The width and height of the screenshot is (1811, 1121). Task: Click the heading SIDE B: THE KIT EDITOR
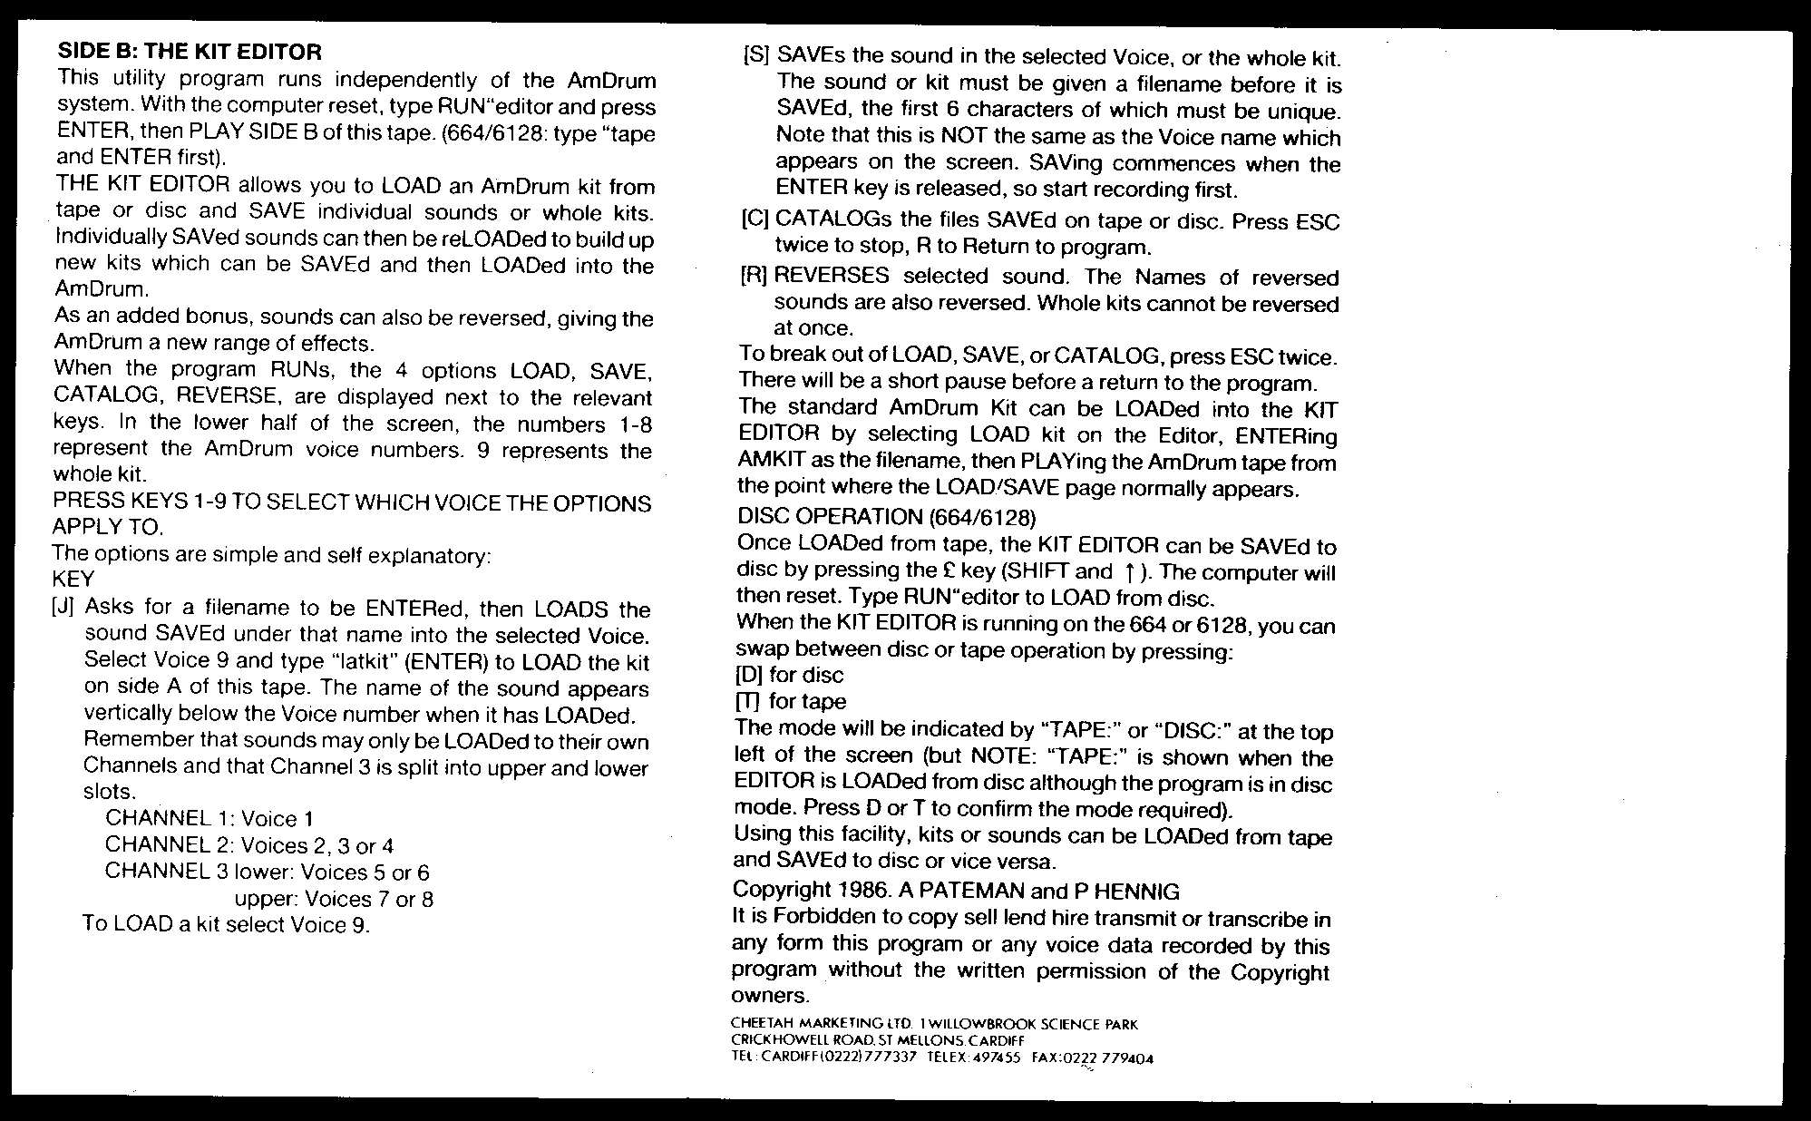pyautogui.click(x=190, y=52)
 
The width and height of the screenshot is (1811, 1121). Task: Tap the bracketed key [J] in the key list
pyautogui.click(x=63, y=608)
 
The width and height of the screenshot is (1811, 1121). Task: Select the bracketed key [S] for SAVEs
pyautogui.click(x=755, y=56)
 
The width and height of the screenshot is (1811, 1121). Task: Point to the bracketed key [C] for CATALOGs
pyautogui.click(x=755, y=220)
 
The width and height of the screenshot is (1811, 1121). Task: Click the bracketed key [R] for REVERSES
pyautogui.click(x=754, y=277)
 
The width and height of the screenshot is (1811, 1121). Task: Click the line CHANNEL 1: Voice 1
pyautogui.click(x=209, y=819)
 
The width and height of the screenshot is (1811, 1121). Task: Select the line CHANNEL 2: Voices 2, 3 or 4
pyautogui.click(x=249, y=845)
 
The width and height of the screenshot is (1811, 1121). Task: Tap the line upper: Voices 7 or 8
pyautogui.click(x=334, y=899)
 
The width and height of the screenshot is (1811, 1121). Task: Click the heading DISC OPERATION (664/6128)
pyautogui.click(x=886, y=518)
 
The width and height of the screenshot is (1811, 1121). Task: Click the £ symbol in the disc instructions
pyautogui.click(x=949, y=572)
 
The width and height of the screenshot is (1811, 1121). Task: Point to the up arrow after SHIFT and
pyautogui.click(x=1129, y=572)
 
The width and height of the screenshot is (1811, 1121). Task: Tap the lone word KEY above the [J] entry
pyautogui.click(x=73, y=579)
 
